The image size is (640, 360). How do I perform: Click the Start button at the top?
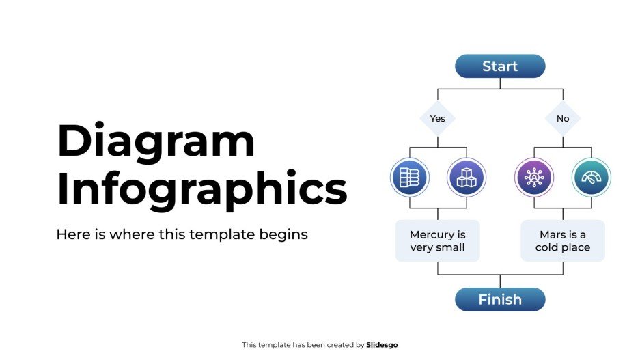[500, 66]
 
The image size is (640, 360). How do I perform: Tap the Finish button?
[500, 299]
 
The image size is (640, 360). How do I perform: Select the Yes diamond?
[437, 118]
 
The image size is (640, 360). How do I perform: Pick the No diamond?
[563, 118]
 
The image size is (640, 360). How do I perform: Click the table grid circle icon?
[409, 178]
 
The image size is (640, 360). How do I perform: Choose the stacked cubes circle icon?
[467, 178]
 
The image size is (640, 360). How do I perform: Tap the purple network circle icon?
[533, 178]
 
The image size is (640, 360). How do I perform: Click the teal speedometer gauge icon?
[591, 178]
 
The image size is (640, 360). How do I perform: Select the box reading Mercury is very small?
[438, 240]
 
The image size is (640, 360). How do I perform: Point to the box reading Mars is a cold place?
[563, 240]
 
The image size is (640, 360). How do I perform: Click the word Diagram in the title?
[156, 141]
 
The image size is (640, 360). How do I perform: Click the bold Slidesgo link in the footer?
[382, 345]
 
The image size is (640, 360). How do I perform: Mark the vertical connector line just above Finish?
[500, 281]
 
